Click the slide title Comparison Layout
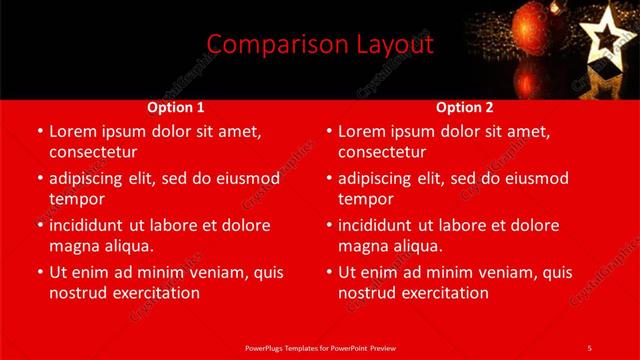[x=320, y=45]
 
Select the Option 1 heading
[x=176, y=107]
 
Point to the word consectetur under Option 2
[x=382, y=152]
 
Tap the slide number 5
[x=589, y=347]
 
